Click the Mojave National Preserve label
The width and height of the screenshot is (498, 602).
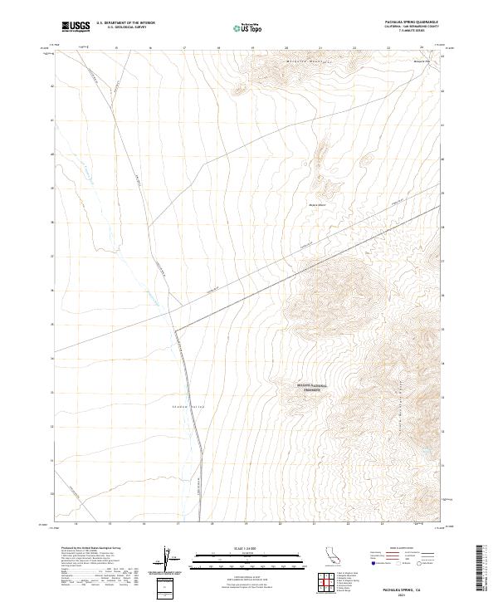(x=312, y=386)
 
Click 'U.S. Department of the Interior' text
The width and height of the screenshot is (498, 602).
(x=125, y=23)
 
